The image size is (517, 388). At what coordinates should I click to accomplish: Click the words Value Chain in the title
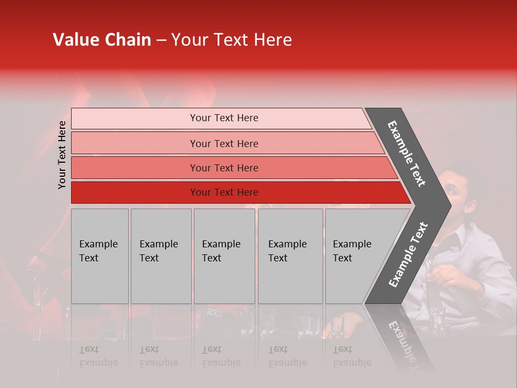click(102, 40)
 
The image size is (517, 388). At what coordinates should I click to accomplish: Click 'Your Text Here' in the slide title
click(232, 40)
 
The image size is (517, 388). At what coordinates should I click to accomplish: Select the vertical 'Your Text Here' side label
click(62, 155)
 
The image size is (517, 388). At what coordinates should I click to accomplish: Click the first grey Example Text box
click(100, 255)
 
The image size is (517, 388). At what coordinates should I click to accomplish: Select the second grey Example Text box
click(160, 255)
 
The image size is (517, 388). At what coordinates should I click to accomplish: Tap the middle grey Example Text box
click(224, 255)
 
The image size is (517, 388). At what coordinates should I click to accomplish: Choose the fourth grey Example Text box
click(290, 255)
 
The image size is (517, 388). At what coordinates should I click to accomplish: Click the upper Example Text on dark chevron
click(407, 154)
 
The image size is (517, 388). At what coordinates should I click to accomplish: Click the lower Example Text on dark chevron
click(408, 254)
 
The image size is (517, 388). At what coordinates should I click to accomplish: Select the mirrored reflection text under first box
click(98, 356)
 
